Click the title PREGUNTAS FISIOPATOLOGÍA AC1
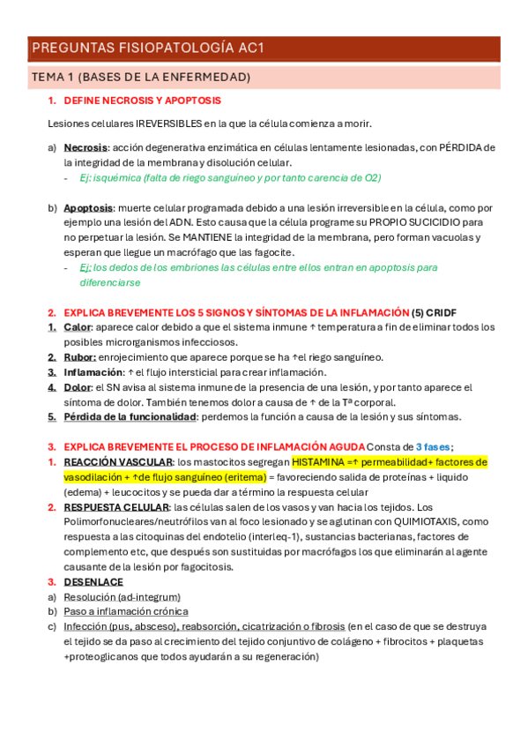pos(147,48)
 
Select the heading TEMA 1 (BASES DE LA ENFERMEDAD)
pos(141,78)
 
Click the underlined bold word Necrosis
pos(86,147)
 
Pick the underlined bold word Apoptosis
pos(88,208)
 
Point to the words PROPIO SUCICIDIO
pos(419,222)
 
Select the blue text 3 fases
pos(433,446)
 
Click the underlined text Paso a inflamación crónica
pos(125,611)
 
